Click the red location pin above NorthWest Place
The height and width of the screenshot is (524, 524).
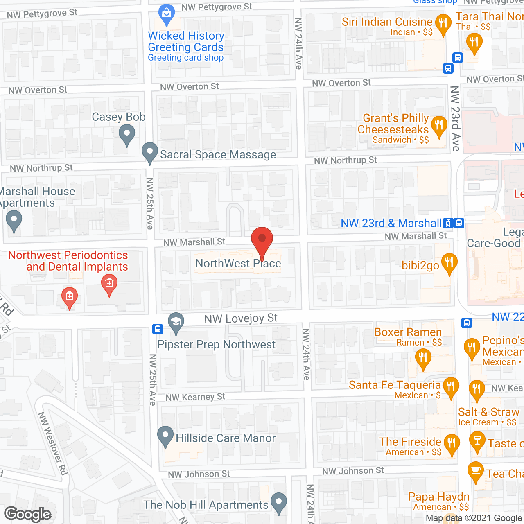click(x=262, y=240)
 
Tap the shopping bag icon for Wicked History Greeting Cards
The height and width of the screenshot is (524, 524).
click(x=167, y=14)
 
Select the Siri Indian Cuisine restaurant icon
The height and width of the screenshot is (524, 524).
click(x=443, y=23)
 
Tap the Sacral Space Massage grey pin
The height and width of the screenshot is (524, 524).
click(x=150, y=152)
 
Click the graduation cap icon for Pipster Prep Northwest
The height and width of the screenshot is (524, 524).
click(x=176, y=322)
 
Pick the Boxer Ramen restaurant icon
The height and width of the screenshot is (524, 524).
click(x=423, y=358)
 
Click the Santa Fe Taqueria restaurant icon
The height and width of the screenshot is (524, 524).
click(x=451, y=387)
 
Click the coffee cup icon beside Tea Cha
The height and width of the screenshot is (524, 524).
click(x=475, y=471)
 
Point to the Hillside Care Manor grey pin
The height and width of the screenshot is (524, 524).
click(x=165, y=436)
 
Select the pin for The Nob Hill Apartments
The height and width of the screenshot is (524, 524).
click(x=279, y=502)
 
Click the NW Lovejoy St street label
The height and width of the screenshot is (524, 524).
click(x=241, y=318)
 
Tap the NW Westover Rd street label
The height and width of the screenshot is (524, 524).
click(x=52, y=444)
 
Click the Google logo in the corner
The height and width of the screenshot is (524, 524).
click(x=28, y=514)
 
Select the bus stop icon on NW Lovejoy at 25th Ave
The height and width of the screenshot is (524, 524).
click(x=158, y=329)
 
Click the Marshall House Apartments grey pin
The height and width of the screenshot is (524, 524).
click(x=14, y=220)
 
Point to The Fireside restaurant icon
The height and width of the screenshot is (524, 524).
click(x=452, y=444)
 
